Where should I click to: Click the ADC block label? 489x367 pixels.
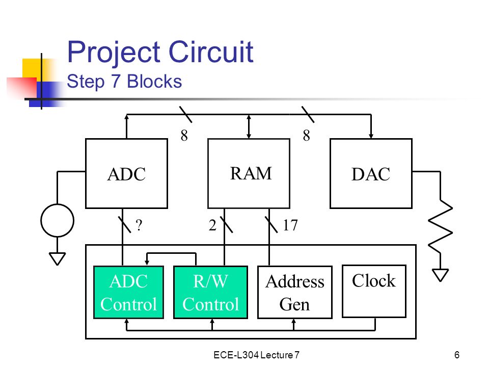(x=126, y=174)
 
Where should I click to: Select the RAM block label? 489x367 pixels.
(x=251, y=173)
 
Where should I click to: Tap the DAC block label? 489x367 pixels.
(x=371, y=174)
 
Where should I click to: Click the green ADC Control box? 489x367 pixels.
(x=128, y=293)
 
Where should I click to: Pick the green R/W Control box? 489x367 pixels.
(x=210, y=293)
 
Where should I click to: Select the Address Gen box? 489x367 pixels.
(x=295, y=293)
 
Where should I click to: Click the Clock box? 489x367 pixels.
(x=374, y=291)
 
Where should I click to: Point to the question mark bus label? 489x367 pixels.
(x=139, y=225)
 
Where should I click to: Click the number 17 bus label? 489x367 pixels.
(x=290, y=225)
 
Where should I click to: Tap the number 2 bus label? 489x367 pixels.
(x=212, y=225)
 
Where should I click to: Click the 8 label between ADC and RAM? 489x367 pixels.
(x=184, y=136)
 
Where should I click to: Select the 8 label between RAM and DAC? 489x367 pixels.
(x=306, y=136)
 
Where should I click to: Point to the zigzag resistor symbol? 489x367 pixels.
(x=440, y=226)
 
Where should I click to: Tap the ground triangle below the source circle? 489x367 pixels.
(x=58, y=259)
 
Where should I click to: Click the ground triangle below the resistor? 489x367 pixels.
(x=440, y=275)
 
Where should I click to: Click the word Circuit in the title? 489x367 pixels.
(x=211, y=51)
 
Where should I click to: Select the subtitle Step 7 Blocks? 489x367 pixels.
(x=124, y=82)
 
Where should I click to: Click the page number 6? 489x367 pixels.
(x=456, y=355)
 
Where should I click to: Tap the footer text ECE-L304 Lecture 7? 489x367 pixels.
(x=256, y=355)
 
